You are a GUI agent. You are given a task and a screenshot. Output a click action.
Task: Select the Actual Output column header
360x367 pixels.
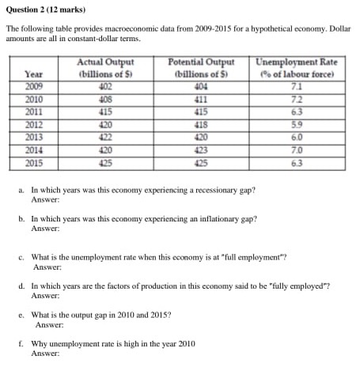click(105, 67)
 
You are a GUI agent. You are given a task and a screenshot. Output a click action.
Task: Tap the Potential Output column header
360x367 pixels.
click(202, 67)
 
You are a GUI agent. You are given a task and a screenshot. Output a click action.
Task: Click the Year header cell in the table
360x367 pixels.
click(34, 74)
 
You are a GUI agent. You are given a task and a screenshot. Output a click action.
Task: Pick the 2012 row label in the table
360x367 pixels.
click(34, 123)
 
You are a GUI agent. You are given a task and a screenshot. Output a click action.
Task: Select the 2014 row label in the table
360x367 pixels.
click(34, 149)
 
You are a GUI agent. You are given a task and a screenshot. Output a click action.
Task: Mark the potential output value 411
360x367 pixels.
click(202, 99)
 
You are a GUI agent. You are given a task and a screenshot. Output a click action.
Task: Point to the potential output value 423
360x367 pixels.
click(202, 149)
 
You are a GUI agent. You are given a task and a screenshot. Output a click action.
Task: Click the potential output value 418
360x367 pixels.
click(202, 123)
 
